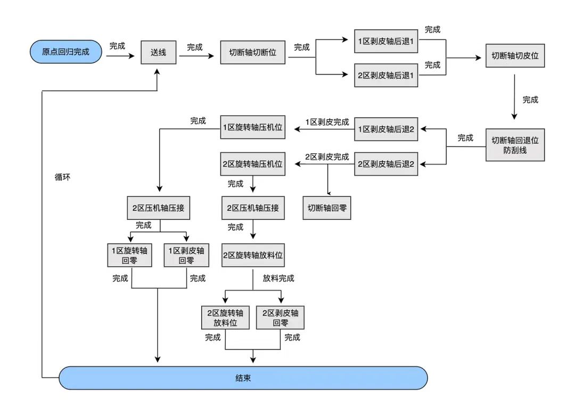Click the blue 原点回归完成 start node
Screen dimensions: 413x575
point(66,52)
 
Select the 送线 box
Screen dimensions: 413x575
point(158,52)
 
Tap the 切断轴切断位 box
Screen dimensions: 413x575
point(253,53)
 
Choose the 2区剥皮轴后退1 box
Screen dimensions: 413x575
point(386,75)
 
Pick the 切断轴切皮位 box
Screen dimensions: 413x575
point(515,55)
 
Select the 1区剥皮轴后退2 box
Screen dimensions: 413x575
point(386,129)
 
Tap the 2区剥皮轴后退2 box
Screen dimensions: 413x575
point(386,163)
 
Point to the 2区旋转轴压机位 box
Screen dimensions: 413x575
point(252,163)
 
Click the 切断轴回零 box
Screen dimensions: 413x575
point(327,208)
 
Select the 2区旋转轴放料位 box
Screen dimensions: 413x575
point(252,255)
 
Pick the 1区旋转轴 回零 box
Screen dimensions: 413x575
point(130,255)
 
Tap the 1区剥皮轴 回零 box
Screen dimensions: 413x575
point(186,255)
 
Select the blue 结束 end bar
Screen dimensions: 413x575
point(243,378)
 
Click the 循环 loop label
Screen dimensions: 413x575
point(62,177)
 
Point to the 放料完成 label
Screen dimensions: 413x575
point(278,278)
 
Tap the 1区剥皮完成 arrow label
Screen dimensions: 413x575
point(327,121)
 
